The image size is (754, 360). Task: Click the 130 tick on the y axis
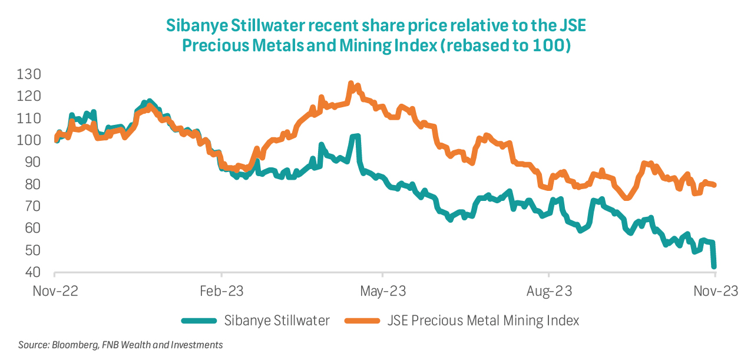[x=29, y=74]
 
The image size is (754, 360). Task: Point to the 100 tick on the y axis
[x=29, y=140]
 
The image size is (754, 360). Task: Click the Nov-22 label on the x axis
[x=54, y=290]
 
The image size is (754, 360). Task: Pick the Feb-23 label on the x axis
[x=221, y=290]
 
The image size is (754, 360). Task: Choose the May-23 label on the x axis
[x=383, y=290]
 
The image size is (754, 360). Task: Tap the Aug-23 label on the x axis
[x=549, y=290]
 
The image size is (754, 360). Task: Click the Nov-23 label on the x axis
[x=715, y=290]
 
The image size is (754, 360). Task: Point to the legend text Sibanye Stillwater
[x=277, y=321]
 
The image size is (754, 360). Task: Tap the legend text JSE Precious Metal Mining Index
[x=483, y=321]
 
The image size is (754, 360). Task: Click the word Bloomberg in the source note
[x=70, y=345]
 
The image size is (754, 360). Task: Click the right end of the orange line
[x=715, y=185]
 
